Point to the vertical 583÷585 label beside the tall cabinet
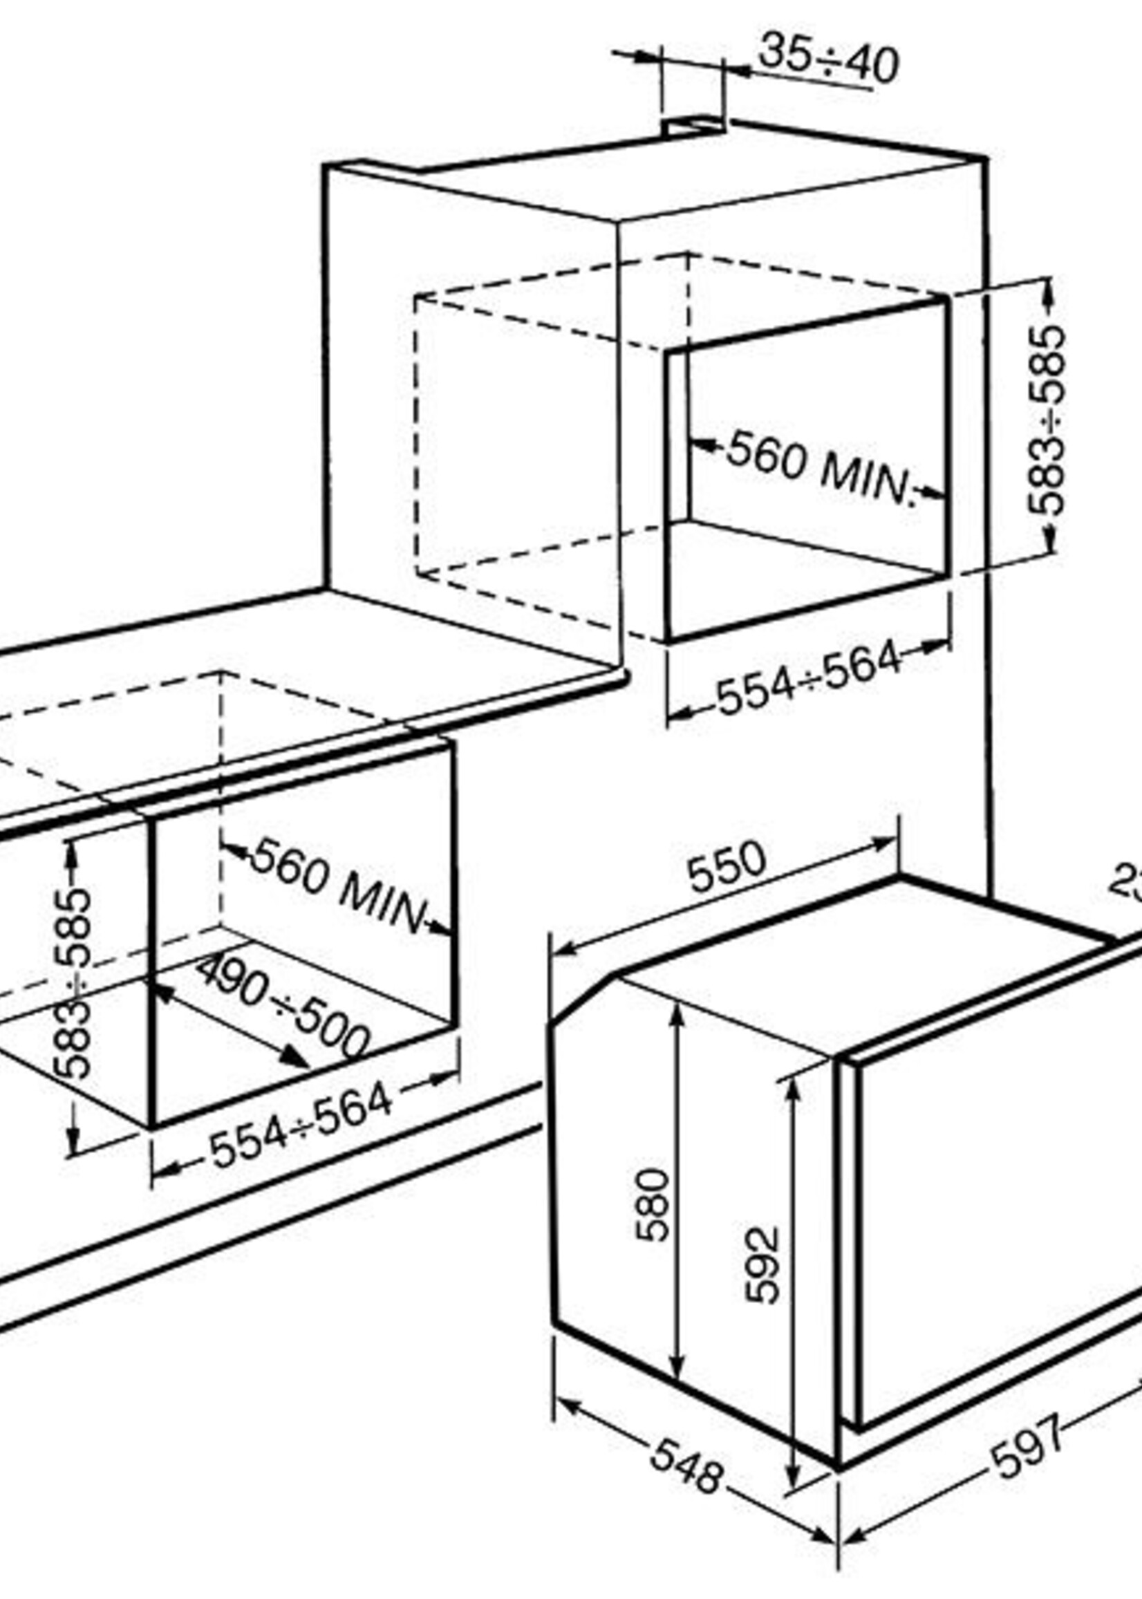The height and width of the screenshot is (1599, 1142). (1046, 420)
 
